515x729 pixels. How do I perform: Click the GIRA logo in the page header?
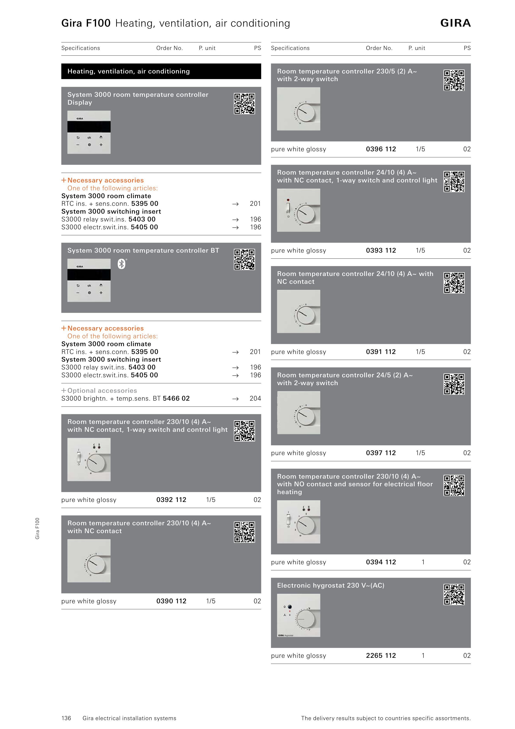(455, 23)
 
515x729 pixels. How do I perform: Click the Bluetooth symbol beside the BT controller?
(121, 264)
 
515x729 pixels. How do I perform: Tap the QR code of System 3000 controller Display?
(244, 103)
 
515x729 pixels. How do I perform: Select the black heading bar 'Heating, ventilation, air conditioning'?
(161, 71)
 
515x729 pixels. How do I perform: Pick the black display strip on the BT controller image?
(89, 275)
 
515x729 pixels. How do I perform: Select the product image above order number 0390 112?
(89, 561)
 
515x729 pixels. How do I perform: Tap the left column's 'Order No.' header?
(170, 48)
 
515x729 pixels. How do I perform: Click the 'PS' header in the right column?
(467, 48)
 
